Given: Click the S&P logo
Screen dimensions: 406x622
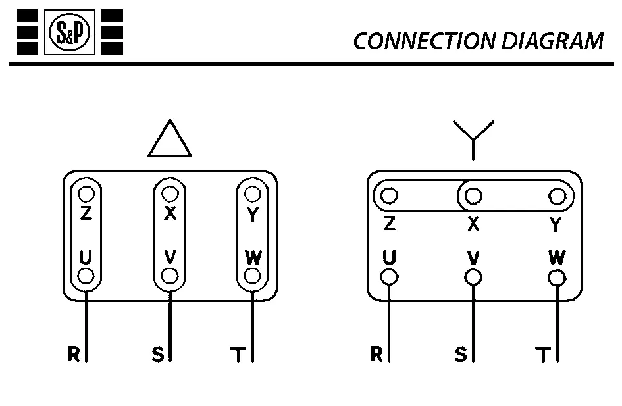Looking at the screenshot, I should click(x=69, y=32).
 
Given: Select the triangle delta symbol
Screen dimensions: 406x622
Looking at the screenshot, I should click(x=170, y=140).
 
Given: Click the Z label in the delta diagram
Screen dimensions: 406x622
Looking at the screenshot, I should click(x=86, y=214).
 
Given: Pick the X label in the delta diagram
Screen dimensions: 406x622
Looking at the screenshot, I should click(x=170, y=214).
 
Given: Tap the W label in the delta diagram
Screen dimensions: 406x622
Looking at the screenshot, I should click(x=253, y=257).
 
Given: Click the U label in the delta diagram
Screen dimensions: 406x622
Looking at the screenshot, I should click(x=86, y=257).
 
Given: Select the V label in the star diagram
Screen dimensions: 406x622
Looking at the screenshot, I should click(x=473, y=257).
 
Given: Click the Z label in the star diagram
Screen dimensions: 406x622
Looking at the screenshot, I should click(x=389, y=224).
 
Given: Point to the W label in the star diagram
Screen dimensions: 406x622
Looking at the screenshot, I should click(x=556, y=257).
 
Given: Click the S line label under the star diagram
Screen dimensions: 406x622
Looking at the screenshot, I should click(x=461, y=355).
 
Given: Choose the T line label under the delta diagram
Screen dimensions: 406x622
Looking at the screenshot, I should click(x=238, y=355).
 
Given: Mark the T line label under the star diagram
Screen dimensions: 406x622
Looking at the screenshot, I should click(x=543, y=355).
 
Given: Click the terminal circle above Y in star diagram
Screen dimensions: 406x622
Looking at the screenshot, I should click(x=557, y=196).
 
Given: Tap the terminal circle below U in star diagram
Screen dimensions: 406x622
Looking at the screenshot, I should click(x=389, y=277).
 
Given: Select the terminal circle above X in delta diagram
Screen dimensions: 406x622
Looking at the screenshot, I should click(x=170, y=194).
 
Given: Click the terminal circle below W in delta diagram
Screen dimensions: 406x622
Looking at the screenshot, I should click(x=253, y=276).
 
